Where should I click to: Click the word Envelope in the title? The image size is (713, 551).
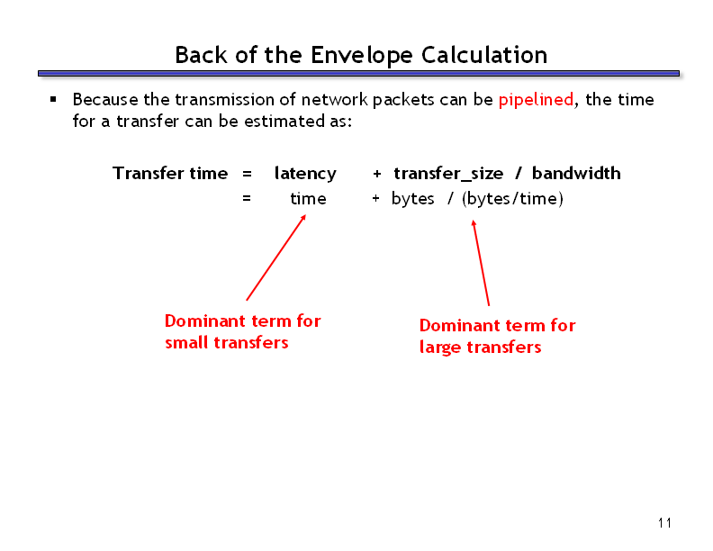(x=362, y=56)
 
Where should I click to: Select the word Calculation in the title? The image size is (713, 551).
(x=484, y=55)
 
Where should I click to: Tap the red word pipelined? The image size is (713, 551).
(x=536, y=100)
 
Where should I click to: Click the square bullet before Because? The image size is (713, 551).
(x=54, y=99)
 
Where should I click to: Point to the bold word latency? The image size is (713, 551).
(x=305, y=174)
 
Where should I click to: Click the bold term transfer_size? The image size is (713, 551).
(x=448, y=174)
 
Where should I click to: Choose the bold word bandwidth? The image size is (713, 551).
(x=576, y=173)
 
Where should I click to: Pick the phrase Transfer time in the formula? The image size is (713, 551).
(x=170, y=173)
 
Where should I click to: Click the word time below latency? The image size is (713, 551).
(x=308, y=199)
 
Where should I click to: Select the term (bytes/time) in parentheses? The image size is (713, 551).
(x=512, y=199)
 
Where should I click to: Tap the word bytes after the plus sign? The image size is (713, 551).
(x=413, y=199)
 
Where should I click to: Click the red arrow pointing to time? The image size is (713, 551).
(x=276, y=257)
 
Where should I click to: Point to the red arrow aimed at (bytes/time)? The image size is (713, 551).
(x=481, y=263)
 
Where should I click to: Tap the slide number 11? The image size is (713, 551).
(x=664, y=523)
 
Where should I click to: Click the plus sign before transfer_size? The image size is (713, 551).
(x=377, y=174)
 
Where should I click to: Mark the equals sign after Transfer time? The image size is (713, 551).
(x=247, y=174)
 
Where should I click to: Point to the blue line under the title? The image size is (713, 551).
(x=359, y=74)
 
